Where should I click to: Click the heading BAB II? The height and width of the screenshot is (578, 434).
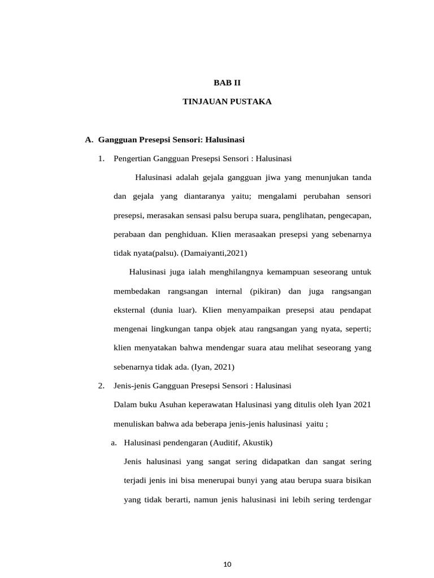[227, 82]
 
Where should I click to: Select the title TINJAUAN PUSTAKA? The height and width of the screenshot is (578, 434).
[227, 102]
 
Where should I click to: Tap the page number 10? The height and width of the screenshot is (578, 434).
[228, 564]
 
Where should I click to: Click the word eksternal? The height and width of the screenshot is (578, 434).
[129, 310]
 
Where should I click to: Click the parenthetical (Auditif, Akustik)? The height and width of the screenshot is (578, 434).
[241, 443]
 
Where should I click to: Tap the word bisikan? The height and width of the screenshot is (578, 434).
[357, 480]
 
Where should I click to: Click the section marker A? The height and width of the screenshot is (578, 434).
[88, 139]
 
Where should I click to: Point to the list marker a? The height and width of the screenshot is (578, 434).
[114, 443]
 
